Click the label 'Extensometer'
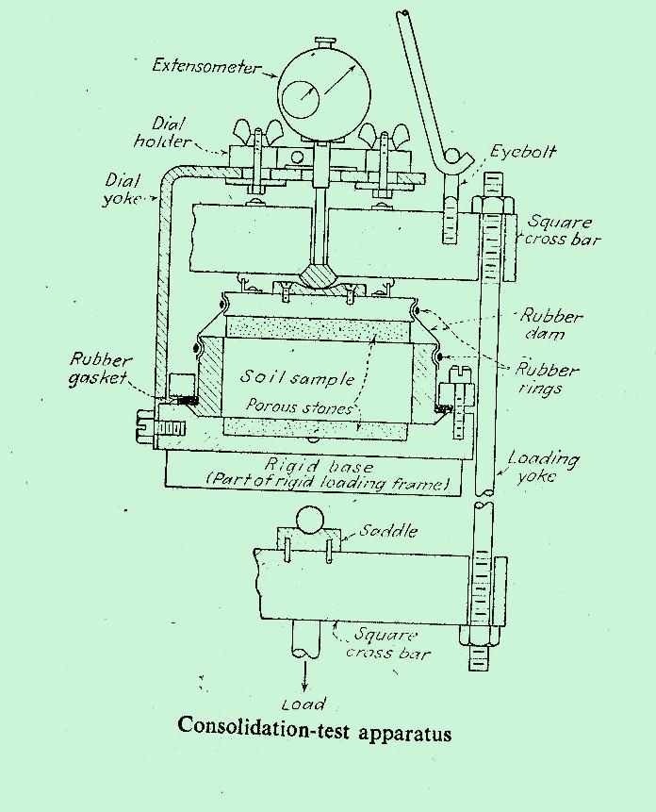pos(207,67)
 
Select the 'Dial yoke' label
pos(123,188)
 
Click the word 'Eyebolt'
pos(522,152)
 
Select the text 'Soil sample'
pos(297,377)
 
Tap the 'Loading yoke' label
pos(542,468)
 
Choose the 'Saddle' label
pos(389,531)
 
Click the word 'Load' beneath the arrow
pos(303,704)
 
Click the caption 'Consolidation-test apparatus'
pos(314,729)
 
